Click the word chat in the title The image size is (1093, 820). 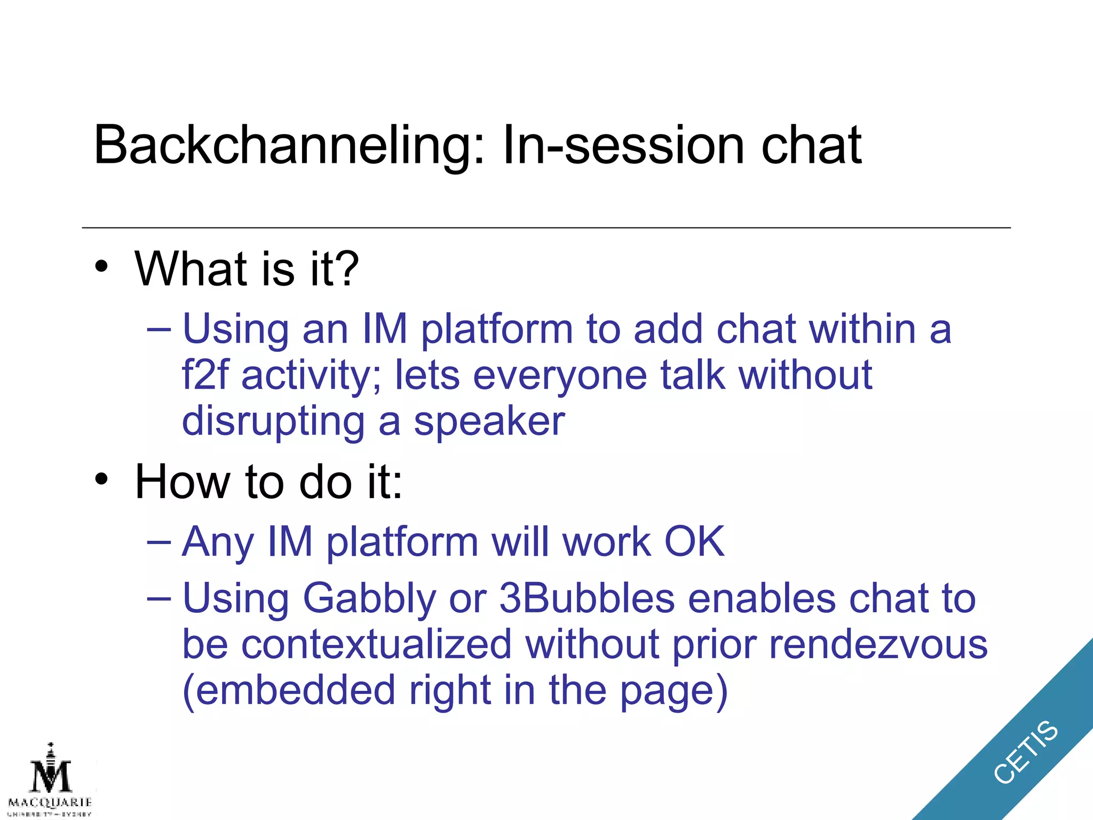coord(811,146)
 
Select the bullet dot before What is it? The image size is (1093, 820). coord(101,266)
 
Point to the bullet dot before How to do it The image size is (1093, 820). coord(101,479)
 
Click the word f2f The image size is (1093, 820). coord(205,375)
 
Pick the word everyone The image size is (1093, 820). coord(560,376)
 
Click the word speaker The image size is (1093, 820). coord(489,422)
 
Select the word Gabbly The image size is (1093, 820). coord(369,598)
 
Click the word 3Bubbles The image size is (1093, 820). coord(587,597)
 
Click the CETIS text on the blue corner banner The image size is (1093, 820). coord(1025,752)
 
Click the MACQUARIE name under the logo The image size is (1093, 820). coord(50,802)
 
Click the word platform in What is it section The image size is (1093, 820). coord(496,329)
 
